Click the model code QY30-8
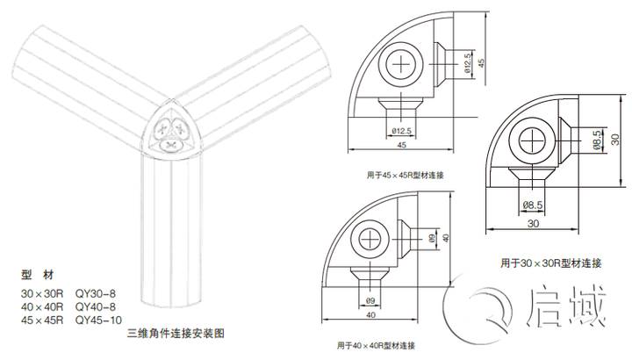[96, 293]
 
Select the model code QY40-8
[96, 306]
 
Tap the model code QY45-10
[98, 320]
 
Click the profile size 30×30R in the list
[42, 293]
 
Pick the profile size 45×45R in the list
[42, 320]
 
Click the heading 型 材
[37, 275]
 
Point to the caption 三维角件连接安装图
[176, 334]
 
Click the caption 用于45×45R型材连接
[405, 176]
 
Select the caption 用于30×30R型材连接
[551, 263]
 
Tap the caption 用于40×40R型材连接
[376, 345]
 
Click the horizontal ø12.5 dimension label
[401, 131]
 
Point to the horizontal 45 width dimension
[401, 145]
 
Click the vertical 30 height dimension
[615, 140]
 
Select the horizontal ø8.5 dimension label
[533, 205]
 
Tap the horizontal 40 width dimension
[370, 315]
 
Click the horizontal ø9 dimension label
[370, 301]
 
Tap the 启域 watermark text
[566, 307]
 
